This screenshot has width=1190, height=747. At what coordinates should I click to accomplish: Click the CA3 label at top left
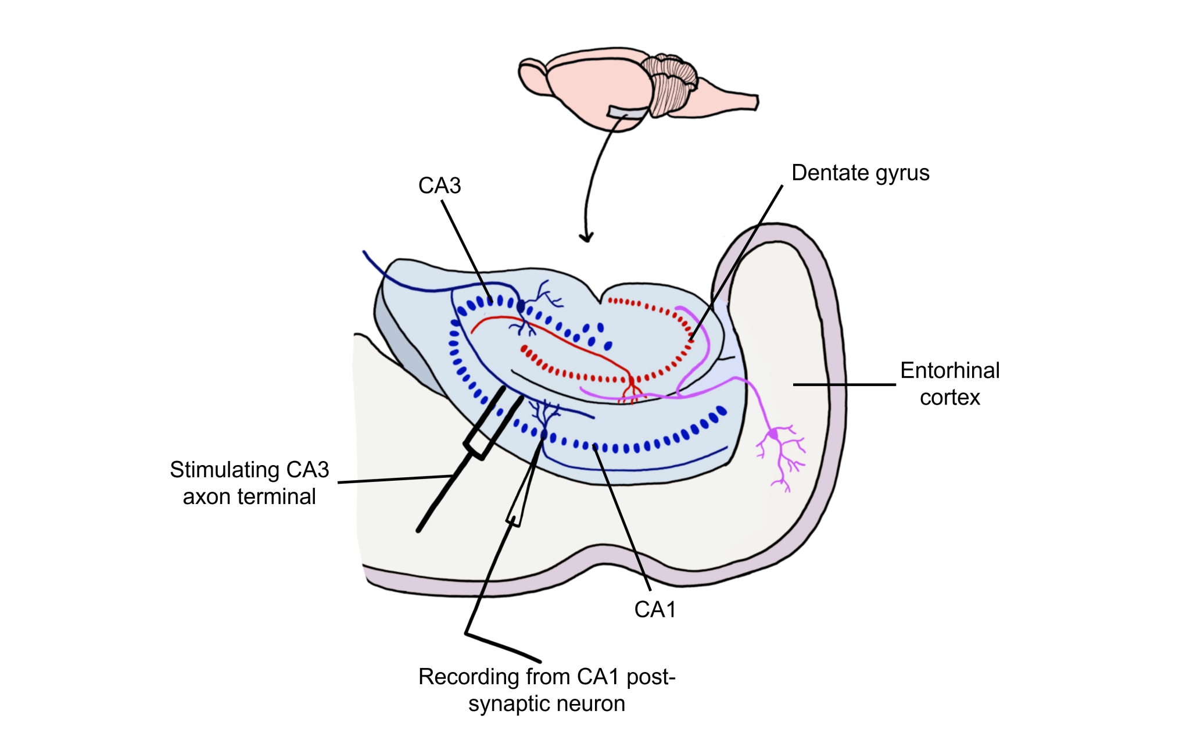point(439,186)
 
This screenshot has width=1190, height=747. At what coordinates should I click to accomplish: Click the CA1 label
point(655,610)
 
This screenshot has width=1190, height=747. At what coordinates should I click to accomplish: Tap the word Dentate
point(830,173)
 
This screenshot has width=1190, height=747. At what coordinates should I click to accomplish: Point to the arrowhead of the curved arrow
point(586,238)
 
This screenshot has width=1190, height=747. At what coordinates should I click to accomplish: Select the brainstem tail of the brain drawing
point(732,100)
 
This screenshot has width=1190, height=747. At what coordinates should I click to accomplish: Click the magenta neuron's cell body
point(773,434)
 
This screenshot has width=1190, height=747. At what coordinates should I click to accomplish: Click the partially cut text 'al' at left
point(308,497)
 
